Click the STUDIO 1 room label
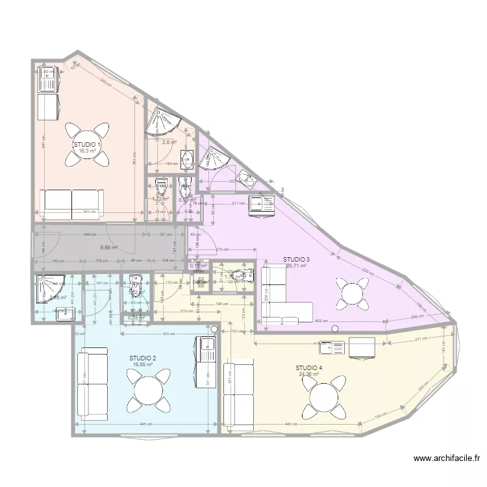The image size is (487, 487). pos(87,145)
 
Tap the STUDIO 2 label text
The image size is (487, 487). pos(143,358)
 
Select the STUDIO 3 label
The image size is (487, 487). pos(296,259)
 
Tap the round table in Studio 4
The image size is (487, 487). pos(323,398)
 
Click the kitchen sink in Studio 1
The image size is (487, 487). pos(48,80)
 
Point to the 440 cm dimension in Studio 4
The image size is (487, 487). pos(290,425)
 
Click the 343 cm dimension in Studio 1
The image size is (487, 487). pos(89,212)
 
